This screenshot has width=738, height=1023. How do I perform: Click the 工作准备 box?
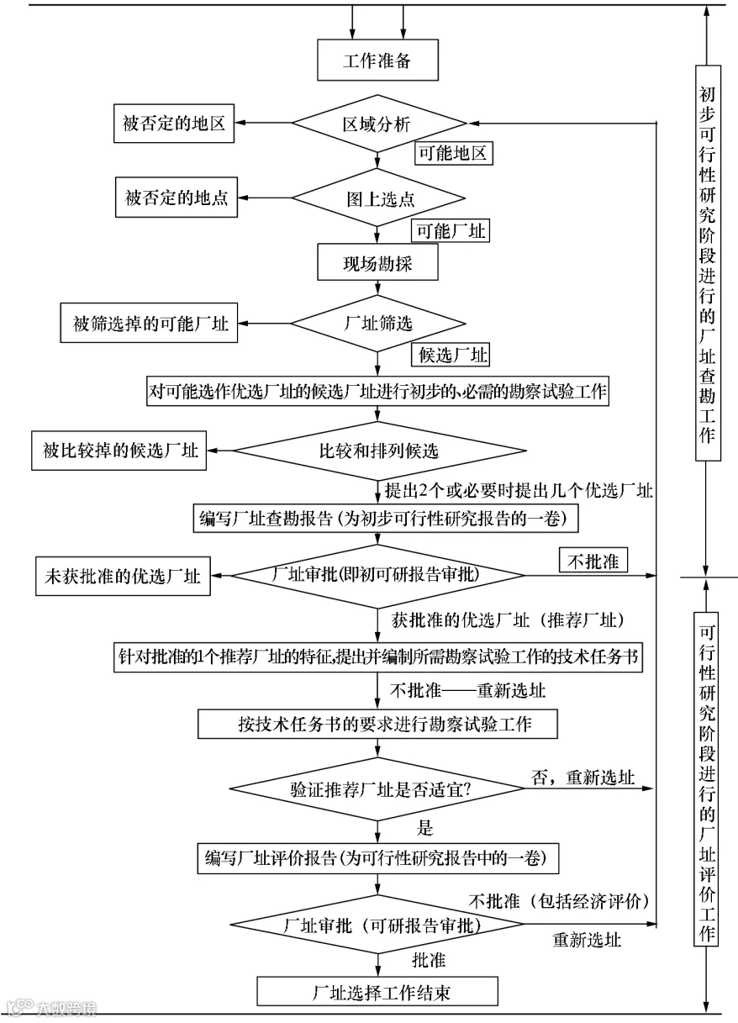tap(377, 60)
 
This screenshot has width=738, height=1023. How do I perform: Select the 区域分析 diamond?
tap(378, 124)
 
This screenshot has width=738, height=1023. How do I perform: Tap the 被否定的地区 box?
tap(174, 124)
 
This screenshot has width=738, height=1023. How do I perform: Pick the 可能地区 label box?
tap(454, 153)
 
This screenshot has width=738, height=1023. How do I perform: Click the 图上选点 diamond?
tap(378, 198)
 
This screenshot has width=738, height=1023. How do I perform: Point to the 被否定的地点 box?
tap(177, 198)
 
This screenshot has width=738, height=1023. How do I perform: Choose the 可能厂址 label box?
tap(451, 230)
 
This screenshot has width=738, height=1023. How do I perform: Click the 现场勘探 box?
tap(377, 262)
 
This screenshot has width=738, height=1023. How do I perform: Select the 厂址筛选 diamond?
tap(378, 324)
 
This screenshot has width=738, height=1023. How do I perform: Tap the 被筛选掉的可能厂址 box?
tap(149, 323)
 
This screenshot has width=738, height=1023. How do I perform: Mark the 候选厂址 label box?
tap(451, 355)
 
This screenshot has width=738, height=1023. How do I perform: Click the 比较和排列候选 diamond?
tap(379, 451)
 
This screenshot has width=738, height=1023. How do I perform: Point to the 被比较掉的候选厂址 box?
tap(119, 451)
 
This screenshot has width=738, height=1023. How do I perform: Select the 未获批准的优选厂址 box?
tap(123, 576)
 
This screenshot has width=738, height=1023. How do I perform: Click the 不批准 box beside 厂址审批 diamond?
tap(593, 560)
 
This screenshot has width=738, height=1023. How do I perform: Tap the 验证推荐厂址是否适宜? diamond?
tap(377, 788)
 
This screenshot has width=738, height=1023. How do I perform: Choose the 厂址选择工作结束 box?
tap(377, 992)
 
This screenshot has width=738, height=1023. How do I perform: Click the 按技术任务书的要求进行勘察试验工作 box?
tap(377, 724)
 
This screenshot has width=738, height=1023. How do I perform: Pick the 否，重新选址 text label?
tap(582, 778)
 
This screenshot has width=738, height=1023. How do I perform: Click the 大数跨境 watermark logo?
tap(51, 1008)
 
